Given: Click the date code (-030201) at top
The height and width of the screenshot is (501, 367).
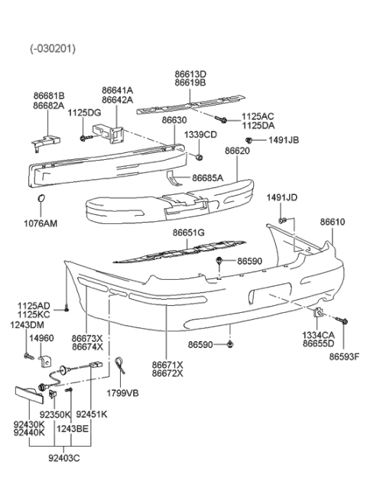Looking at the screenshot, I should pos(51,47).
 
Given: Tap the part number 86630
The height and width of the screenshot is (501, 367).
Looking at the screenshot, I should pos(174,121).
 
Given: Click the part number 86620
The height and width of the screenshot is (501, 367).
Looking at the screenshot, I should pos(237,151).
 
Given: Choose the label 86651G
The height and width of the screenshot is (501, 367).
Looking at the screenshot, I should pos(189,233).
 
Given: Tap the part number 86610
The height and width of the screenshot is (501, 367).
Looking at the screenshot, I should pos(333,222).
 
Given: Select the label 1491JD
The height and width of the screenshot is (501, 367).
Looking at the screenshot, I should pos(281,198).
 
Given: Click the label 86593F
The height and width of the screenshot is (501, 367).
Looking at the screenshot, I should pos(343,356).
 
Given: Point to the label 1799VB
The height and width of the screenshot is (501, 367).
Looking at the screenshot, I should pos(122,394).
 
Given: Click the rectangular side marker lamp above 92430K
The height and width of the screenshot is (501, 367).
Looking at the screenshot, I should pos(30,396).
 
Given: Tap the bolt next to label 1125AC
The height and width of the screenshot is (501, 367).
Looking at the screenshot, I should pos(220,119).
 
